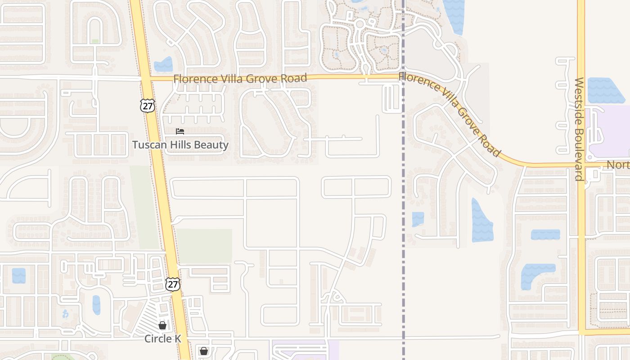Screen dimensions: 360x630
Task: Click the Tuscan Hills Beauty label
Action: point(180,145)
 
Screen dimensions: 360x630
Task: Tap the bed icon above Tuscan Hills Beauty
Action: point(180,131)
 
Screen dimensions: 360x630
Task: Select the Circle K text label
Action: point(162,339)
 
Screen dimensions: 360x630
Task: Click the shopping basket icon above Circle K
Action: point(162,325)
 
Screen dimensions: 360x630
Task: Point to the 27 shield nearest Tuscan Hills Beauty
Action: point(147,106)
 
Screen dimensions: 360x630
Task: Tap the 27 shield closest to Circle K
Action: point(172,284)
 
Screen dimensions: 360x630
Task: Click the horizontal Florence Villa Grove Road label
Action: point(240,78)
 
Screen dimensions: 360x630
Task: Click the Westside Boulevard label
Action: point(579,129)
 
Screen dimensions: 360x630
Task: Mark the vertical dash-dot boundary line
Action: point(403,270)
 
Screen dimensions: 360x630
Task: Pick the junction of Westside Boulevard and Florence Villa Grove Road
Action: point(581,165)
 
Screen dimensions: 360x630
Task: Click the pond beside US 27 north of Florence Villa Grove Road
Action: point(163,65)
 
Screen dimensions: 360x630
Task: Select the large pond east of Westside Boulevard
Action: point(605,90)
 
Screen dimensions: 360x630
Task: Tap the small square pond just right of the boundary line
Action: point(418,219)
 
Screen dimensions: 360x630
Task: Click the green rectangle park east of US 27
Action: point(204,246)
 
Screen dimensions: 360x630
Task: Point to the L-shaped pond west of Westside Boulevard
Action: point(535,274)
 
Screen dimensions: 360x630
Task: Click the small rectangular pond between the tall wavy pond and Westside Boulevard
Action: point(545,234)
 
